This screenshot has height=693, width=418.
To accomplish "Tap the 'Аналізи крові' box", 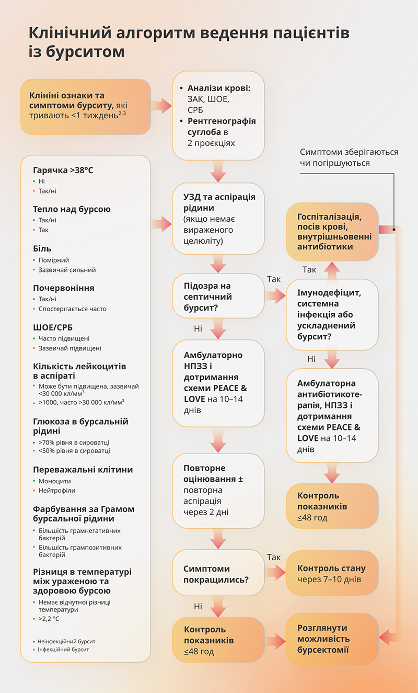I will click(x=218, y=116).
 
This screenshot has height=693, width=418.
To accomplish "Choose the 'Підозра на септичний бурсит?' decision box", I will click(x=218, y=297).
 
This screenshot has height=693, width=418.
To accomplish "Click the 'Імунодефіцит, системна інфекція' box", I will click(x=332, y=314).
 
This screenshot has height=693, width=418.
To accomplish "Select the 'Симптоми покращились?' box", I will click(x=218, y=574).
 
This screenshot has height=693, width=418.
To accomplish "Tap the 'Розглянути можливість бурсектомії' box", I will click(x=332, y=639).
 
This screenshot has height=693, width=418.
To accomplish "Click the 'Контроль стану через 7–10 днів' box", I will click(x=332, y=573).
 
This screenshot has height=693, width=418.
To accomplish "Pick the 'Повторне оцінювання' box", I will click(x=218, y=490).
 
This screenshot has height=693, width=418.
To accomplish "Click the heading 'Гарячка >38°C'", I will click(x=63, y=171).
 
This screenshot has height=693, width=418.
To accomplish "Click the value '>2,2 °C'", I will click(x=49, y=619).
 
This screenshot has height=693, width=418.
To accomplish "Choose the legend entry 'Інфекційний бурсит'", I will click(x=63, y=649).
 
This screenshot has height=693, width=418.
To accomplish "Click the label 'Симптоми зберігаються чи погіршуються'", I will click(x=349, y=157).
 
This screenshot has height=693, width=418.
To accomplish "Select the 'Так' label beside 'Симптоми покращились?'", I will click(x=274, y=558).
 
